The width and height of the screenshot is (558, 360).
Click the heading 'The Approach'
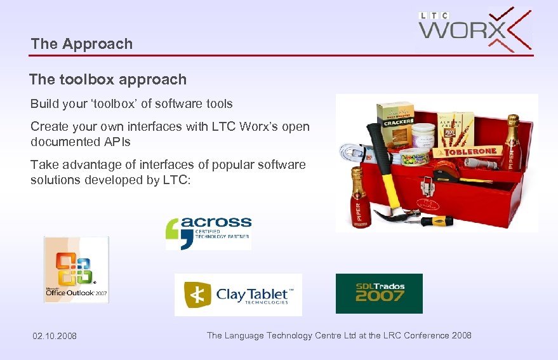coord(82,44)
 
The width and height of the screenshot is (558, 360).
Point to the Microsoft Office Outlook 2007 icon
coord(76,269)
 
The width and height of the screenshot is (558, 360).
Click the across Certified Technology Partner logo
coord(208,233)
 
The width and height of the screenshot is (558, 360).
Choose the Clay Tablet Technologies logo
coord(238,295)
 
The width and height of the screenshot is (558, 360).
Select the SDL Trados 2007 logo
coord(379,293)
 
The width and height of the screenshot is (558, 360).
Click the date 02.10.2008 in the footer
coord(55,336)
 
